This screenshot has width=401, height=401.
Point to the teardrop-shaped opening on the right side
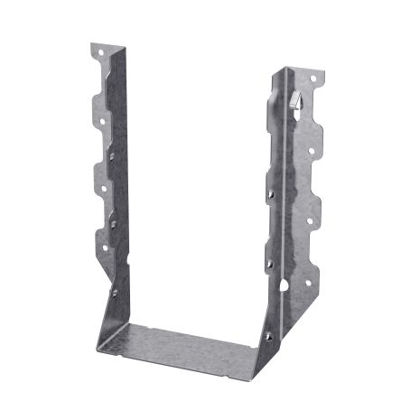(284, 287)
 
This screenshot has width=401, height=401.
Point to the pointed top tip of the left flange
(94, 42)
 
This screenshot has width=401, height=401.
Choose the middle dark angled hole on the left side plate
(114, 217)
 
